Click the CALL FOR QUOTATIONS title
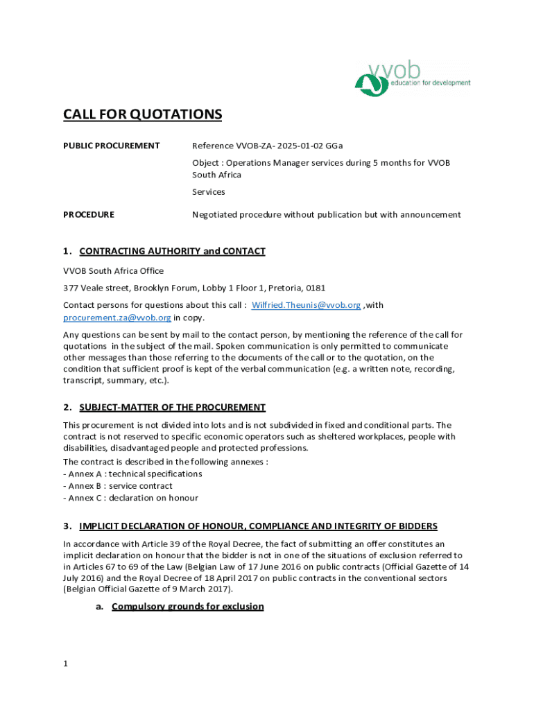tap(142, 114)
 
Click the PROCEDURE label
tap(89, 215)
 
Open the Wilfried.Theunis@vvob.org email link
tap(306, 305)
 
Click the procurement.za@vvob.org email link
tap(117, 318)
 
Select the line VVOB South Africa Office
tap(113, 270)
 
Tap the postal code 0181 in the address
tap(315, 288)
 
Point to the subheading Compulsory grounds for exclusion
tap(187, 607)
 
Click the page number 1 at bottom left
tap(65, 664)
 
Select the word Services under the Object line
tap(208, 192)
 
